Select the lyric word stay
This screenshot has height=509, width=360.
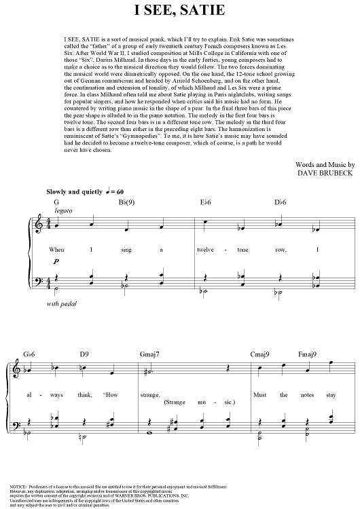click(x=331, y=394)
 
